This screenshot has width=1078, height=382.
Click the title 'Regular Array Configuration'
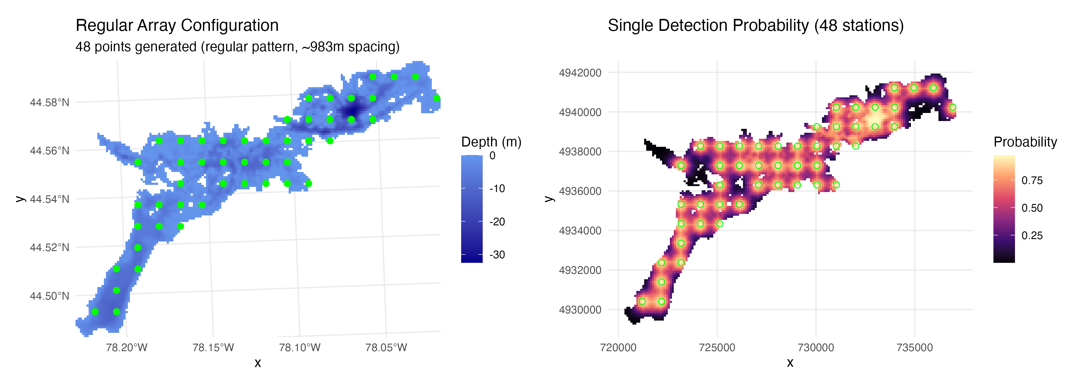coord(177,25)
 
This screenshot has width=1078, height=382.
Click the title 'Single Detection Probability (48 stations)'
coord(755,25)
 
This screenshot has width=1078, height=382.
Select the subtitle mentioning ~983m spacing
coord(237,46)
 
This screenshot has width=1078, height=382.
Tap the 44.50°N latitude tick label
coord(49,296)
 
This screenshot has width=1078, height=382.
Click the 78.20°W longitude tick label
coord(126,348)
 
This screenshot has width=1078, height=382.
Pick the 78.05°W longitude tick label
coord(386,348)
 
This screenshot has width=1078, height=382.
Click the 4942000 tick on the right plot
coord(580,73)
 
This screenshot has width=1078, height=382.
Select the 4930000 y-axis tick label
coord(580,310)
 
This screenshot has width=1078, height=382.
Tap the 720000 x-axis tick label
coord(618,348)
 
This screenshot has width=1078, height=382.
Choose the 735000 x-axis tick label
coord(915,348)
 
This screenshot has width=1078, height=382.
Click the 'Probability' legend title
coord(1025,142)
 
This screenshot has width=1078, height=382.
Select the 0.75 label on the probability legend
coord(1032,181)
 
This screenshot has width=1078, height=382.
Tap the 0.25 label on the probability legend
coord(1032,235)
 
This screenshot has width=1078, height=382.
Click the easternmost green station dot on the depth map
coord(437,98)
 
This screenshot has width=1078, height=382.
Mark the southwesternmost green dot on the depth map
coord(95,312)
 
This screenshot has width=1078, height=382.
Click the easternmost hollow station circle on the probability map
coord(953,107)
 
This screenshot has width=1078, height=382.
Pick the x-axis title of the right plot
coord(790,363)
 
